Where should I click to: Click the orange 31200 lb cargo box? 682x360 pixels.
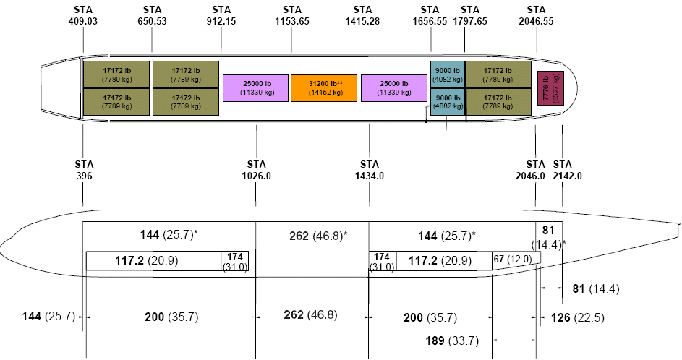(324, 88)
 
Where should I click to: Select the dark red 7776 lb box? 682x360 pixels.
(550, 87)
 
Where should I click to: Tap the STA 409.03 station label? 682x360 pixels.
(83, 15)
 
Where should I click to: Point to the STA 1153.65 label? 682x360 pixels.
(292, 15)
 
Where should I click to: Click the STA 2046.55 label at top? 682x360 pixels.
(536, 15)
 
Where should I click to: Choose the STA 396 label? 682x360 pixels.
(84, 170)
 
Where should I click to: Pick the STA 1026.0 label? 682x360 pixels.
(256, 170)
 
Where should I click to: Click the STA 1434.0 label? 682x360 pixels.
(370, 170)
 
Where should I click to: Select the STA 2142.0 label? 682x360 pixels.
(567, 170)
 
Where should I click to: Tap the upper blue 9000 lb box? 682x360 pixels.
(448, 74)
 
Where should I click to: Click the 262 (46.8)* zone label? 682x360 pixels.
(318, 236)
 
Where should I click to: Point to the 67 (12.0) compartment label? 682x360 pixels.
(512, 259)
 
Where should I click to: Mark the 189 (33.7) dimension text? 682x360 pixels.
(452, 340)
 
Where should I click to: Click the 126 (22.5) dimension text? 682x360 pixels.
(578, 318)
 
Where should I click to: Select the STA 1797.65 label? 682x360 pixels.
(470, 15)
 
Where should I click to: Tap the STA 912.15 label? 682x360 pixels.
(221, 15)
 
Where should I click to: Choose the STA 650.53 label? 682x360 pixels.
(152, 15)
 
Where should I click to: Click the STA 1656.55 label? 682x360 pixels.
(430, 15)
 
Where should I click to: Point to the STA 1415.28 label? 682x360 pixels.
(362, 15)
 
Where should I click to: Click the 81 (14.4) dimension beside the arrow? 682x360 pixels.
(595, 288)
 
